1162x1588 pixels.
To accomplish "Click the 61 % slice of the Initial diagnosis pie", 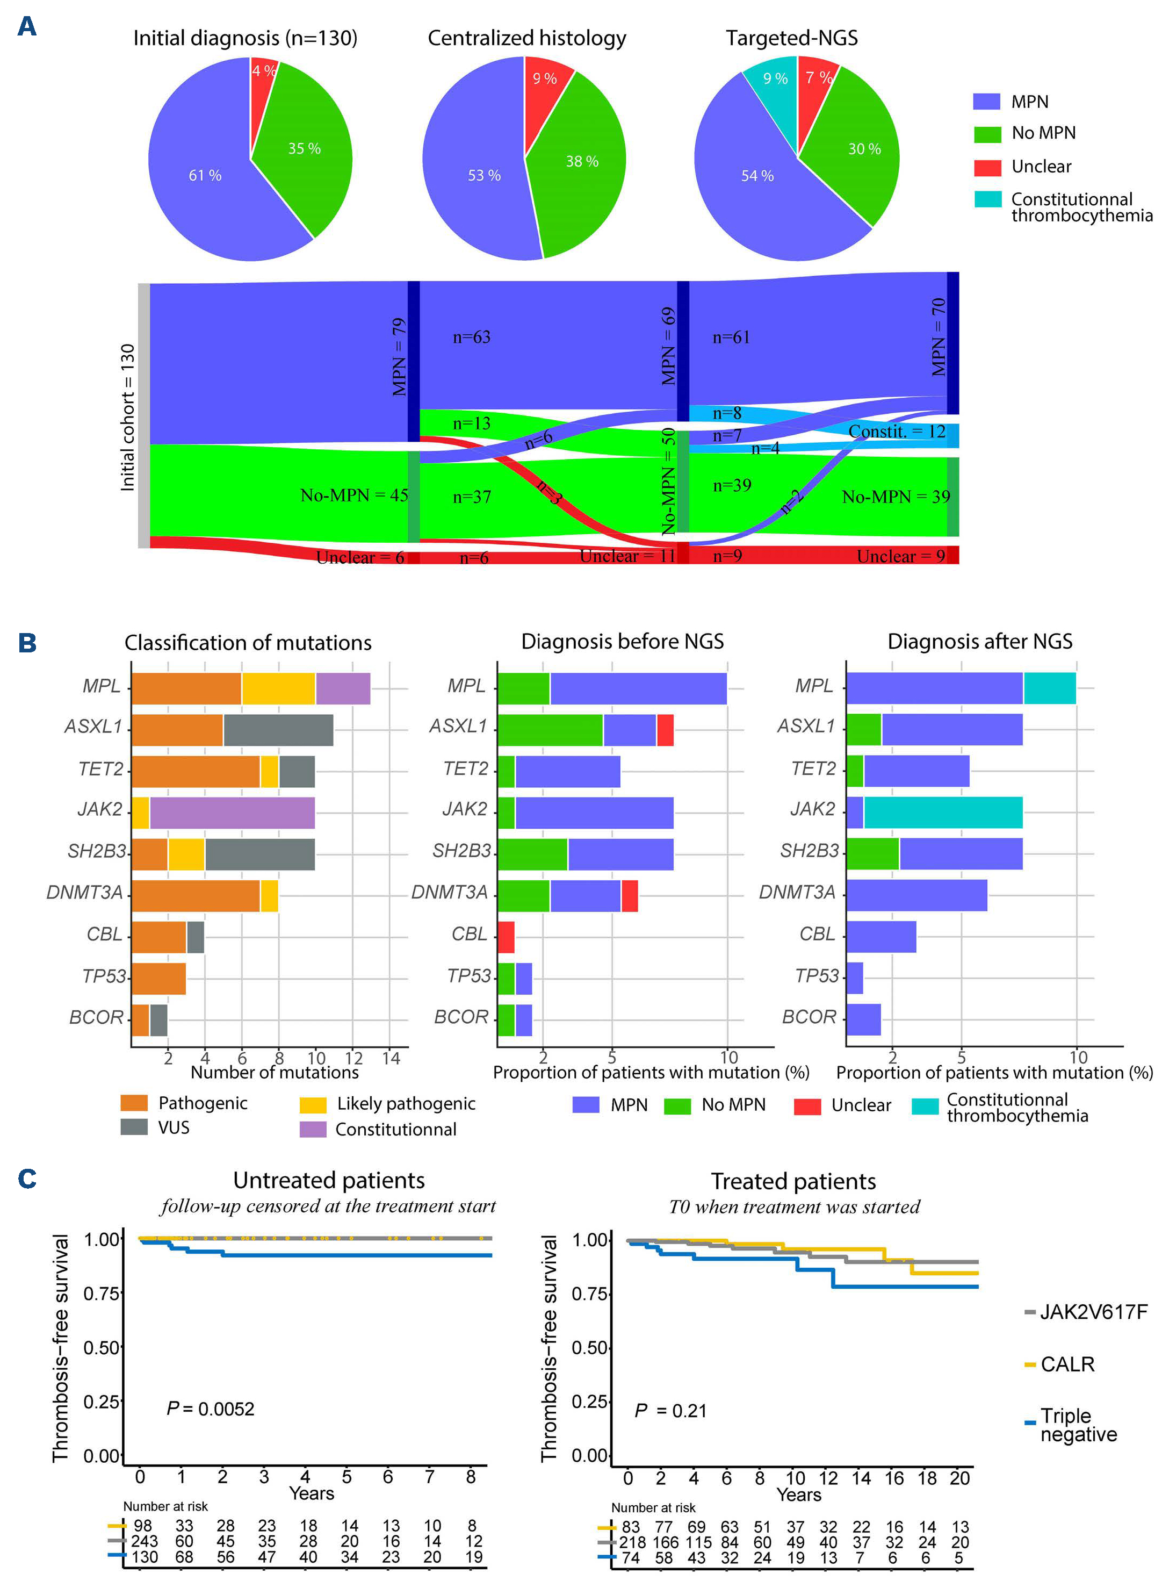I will [x=205, y=175].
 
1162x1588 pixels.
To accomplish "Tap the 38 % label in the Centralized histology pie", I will [x=582, y=162].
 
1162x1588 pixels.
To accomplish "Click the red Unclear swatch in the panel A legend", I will [x=987, y=168].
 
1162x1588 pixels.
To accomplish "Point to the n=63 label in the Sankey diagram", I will [x=471, y=337].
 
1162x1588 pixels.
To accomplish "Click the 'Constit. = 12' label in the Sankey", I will [x=897, y=432].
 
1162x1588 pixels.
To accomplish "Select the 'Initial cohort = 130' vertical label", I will [x=127, y=417].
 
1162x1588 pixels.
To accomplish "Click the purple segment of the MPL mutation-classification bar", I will [x=343, y=689].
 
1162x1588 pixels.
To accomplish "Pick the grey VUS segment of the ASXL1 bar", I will [x=278, y=730].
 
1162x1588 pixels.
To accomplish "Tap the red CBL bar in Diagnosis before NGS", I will [x=506, y=937].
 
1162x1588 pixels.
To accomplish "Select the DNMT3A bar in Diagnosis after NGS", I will [x=916, y=896].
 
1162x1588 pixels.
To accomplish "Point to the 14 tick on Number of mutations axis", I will [x=391, y=1058].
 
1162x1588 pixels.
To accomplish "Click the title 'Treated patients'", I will [x=793, y=1181].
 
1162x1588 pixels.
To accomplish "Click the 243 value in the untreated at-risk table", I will [x=143, y=1542].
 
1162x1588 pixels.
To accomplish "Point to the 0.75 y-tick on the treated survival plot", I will [x=589, y=1294].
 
